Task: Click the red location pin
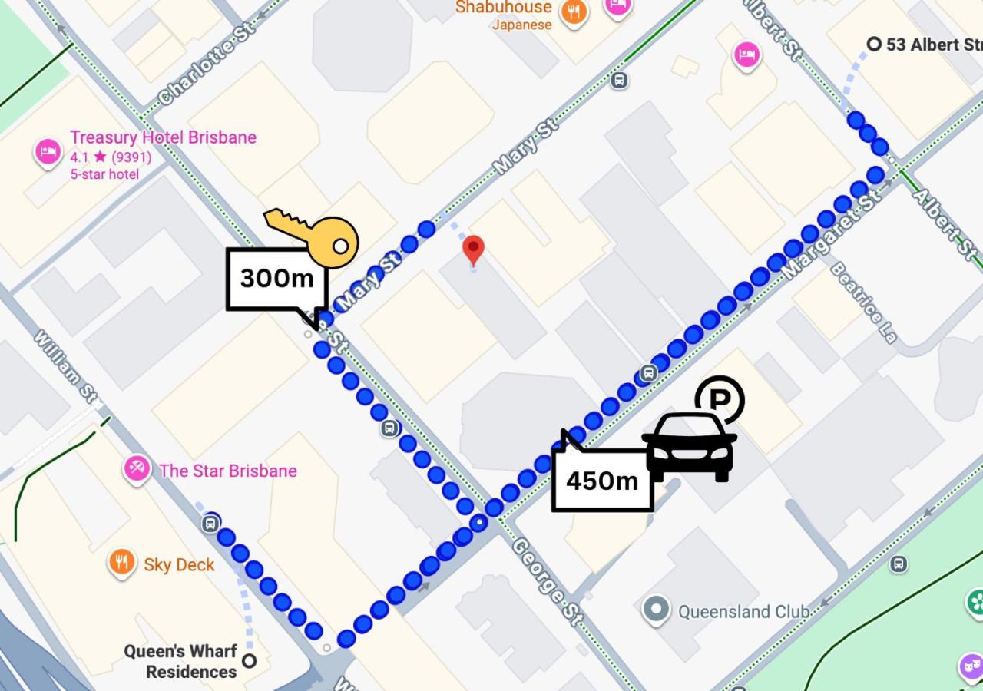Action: pyautogui.click(x=473, y=250)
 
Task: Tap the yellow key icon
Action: pyautogui.click(x=315, y=236)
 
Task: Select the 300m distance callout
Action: pyautogui.click(x=276, y=279)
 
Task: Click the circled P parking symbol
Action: pyautogui.click(x=720, y=399)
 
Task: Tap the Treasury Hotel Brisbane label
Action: pyautogui.click(x=163, y=138)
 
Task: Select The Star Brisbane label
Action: pyautogui.click(x=227, y=471)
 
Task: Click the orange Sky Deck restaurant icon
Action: pyautogui.click(x=122, y=563)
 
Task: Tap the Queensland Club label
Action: pyautogui.click(x=743, y=612)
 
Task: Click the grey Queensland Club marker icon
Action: pyautogui.click(x=656, y=610)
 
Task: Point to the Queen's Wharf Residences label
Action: pyautogui.click(x=180, y=661)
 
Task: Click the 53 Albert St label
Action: pyautogui.click(x=933, y=45)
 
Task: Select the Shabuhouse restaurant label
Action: pyautogui.click(x=504, y=8)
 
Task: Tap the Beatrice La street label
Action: pyautogui.click(x=863, y=303)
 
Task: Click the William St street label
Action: pyautogui.click(x=66, y=368)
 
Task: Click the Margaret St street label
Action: pyautogui.click(x=832, y=234)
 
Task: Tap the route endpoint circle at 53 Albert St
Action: pyautogui.click(x=873, y=45)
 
